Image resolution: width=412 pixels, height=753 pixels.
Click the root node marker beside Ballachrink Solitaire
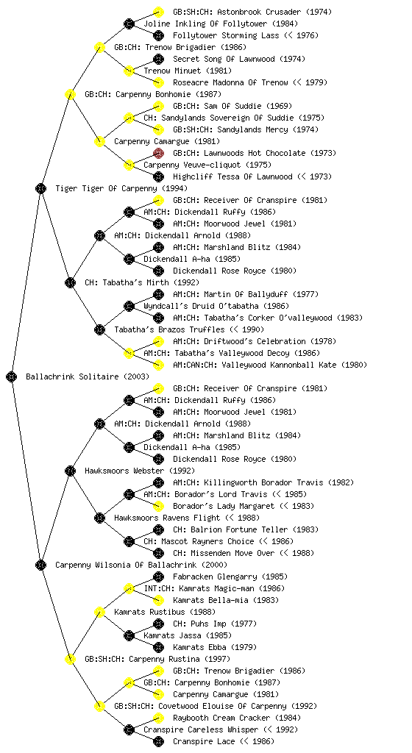pos(12,376)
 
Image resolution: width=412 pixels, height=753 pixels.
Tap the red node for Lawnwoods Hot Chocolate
pos(158,153)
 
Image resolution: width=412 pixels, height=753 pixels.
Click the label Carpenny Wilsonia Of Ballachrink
pos(126,565)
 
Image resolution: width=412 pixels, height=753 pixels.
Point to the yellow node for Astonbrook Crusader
pos(158,12)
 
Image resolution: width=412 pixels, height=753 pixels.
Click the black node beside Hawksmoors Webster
pos(70,471)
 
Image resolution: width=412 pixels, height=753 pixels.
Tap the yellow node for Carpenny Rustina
pos(70,659)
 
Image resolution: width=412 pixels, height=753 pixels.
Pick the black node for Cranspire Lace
pos(158,741)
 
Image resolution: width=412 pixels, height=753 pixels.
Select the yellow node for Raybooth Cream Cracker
pos(158,718)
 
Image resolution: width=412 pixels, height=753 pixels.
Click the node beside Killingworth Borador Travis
pos(158,482)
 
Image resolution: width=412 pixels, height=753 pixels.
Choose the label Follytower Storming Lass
pos(226,35)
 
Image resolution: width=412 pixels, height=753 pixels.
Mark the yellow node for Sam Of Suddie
pos(158,106)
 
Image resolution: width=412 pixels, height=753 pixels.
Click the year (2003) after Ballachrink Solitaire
pos(136,376)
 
